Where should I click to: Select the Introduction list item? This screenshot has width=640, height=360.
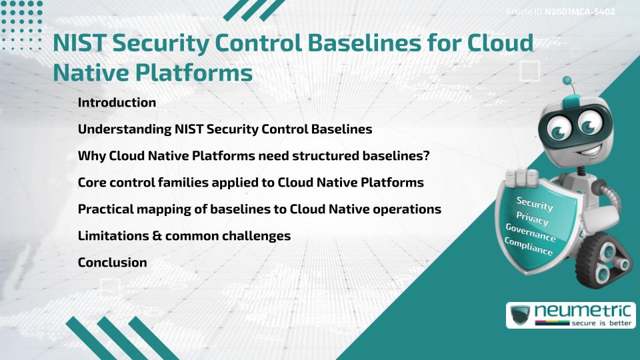coord(117,103)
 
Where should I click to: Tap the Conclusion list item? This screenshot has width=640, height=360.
coord(112,263)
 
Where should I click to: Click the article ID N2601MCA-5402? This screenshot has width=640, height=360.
coord(579,12)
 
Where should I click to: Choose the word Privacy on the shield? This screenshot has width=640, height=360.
coord(532,219)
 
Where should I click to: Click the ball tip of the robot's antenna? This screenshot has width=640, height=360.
coord(567,81)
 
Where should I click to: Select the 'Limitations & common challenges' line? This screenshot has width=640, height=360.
coord(184,236)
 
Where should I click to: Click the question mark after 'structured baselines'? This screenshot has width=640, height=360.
coord(426,156)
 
